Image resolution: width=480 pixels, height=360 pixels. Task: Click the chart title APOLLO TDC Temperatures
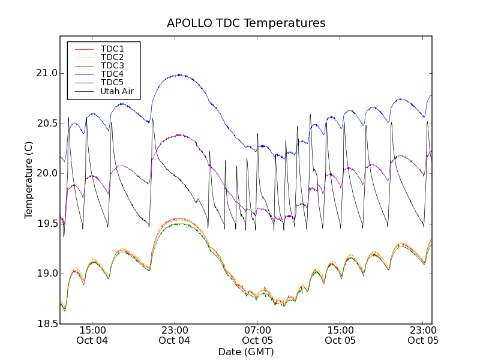(x=246, y=23)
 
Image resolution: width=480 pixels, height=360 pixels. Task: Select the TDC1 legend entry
(x=112, y=49)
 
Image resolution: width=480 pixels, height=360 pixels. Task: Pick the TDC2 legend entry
(x=112, y=57)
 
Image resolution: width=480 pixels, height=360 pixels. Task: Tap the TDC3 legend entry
(x=112, y=65)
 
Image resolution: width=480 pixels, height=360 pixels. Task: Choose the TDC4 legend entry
(x=112, y=74)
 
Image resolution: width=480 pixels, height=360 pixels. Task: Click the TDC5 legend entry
(x=112, y=83)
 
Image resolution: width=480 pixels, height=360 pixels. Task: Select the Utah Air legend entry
(x=116, y=92)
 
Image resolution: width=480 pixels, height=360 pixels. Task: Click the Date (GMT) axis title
(x=246, y=352)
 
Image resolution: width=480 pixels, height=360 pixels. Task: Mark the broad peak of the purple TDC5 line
(x=178, y=135)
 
